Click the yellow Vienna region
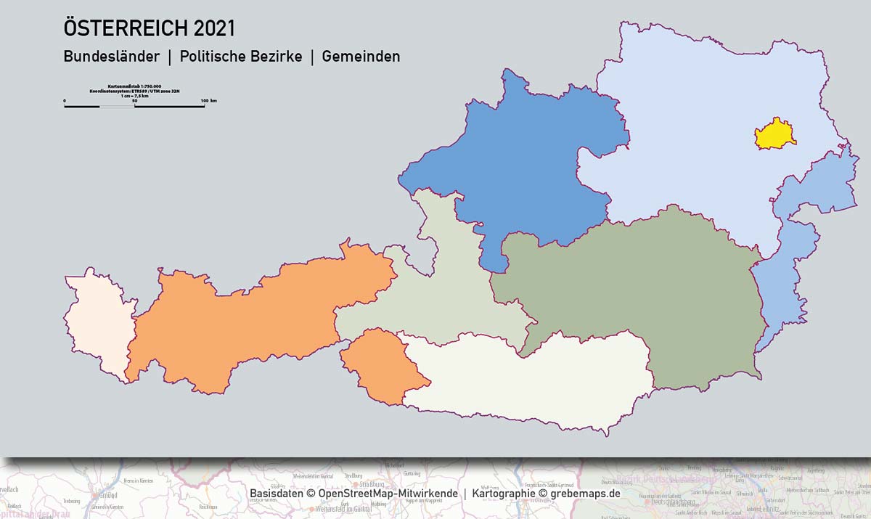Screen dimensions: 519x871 point(774,135)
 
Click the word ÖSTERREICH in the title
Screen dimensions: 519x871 point(126,29)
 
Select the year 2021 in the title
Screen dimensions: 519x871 point(214,29)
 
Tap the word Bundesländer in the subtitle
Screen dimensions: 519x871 point(111,57)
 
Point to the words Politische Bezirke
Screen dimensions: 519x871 point(241,57)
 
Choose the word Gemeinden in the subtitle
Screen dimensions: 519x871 point(361,57)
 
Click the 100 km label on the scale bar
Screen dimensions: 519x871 point(208,100)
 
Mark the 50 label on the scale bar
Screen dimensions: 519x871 point(134,100)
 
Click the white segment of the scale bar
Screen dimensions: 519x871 point(117,107)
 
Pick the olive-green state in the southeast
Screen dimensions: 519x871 point(653,290)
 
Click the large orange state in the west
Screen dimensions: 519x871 point(254,319)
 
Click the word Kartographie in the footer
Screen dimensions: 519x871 point(504,494)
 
